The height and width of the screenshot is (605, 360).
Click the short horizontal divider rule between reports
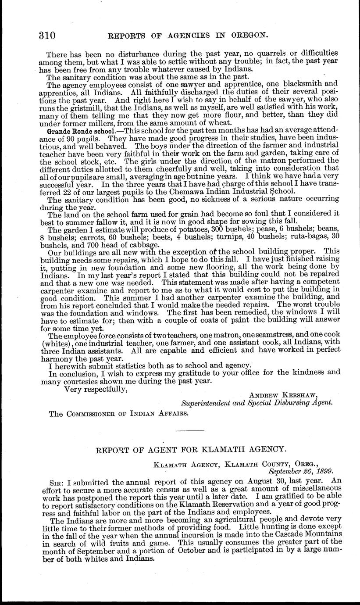[x=190, y=431]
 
